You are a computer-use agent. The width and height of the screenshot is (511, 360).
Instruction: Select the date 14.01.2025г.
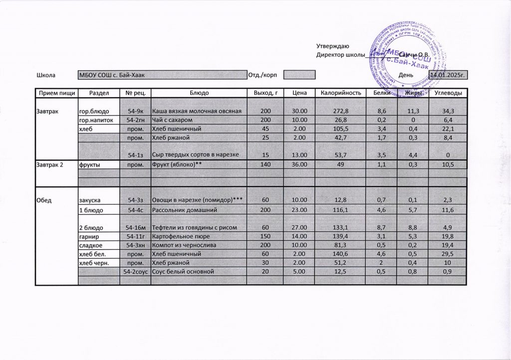coord(448,75)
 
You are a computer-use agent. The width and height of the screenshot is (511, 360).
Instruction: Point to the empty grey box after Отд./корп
coord(299,75)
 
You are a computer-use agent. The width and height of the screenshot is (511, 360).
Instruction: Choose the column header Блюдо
coord(199,93)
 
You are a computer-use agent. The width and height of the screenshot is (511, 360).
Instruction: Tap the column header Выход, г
coord(265,93)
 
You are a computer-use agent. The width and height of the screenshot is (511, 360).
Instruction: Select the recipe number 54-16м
coord(135,228)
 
